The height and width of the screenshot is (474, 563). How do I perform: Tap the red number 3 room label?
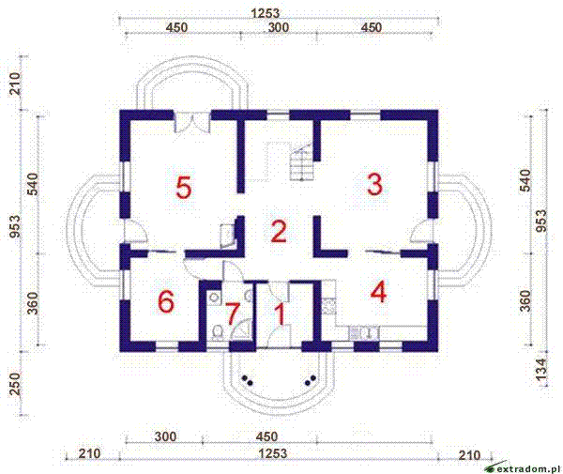(374, 184)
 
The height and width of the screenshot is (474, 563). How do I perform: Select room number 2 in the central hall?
(278, 231)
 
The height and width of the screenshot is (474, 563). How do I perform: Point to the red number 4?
(378, 292)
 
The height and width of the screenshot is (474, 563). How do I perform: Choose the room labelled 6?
(166, 302)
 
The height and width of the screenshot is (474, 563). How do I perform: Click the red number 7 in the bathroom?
(233, 314)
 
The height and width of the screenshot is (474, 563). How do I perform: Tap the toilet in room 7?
(216, 330)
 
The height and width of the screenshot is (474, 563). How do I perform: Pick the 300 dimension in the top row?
(279, 28)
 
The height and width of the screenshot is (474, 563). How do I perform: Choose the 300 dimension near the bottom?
(165, 436)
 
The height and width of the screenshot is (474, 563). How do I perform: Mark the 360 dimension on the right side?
(525, 300)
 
